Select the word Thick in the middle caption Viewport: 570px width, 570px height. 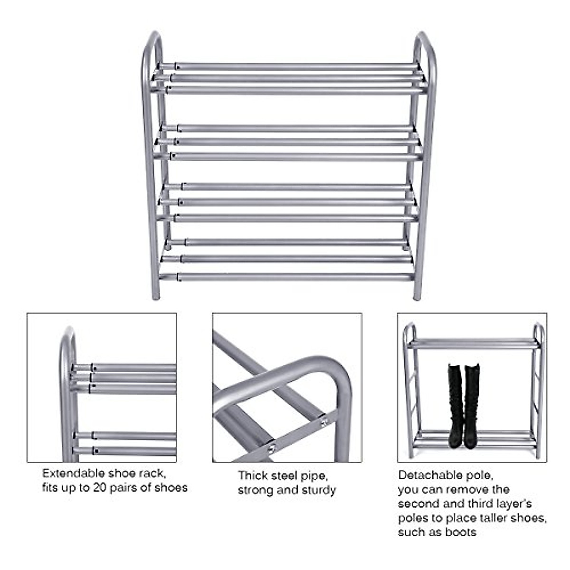253,475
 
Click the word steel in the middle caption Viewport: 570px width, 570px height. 285,475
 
